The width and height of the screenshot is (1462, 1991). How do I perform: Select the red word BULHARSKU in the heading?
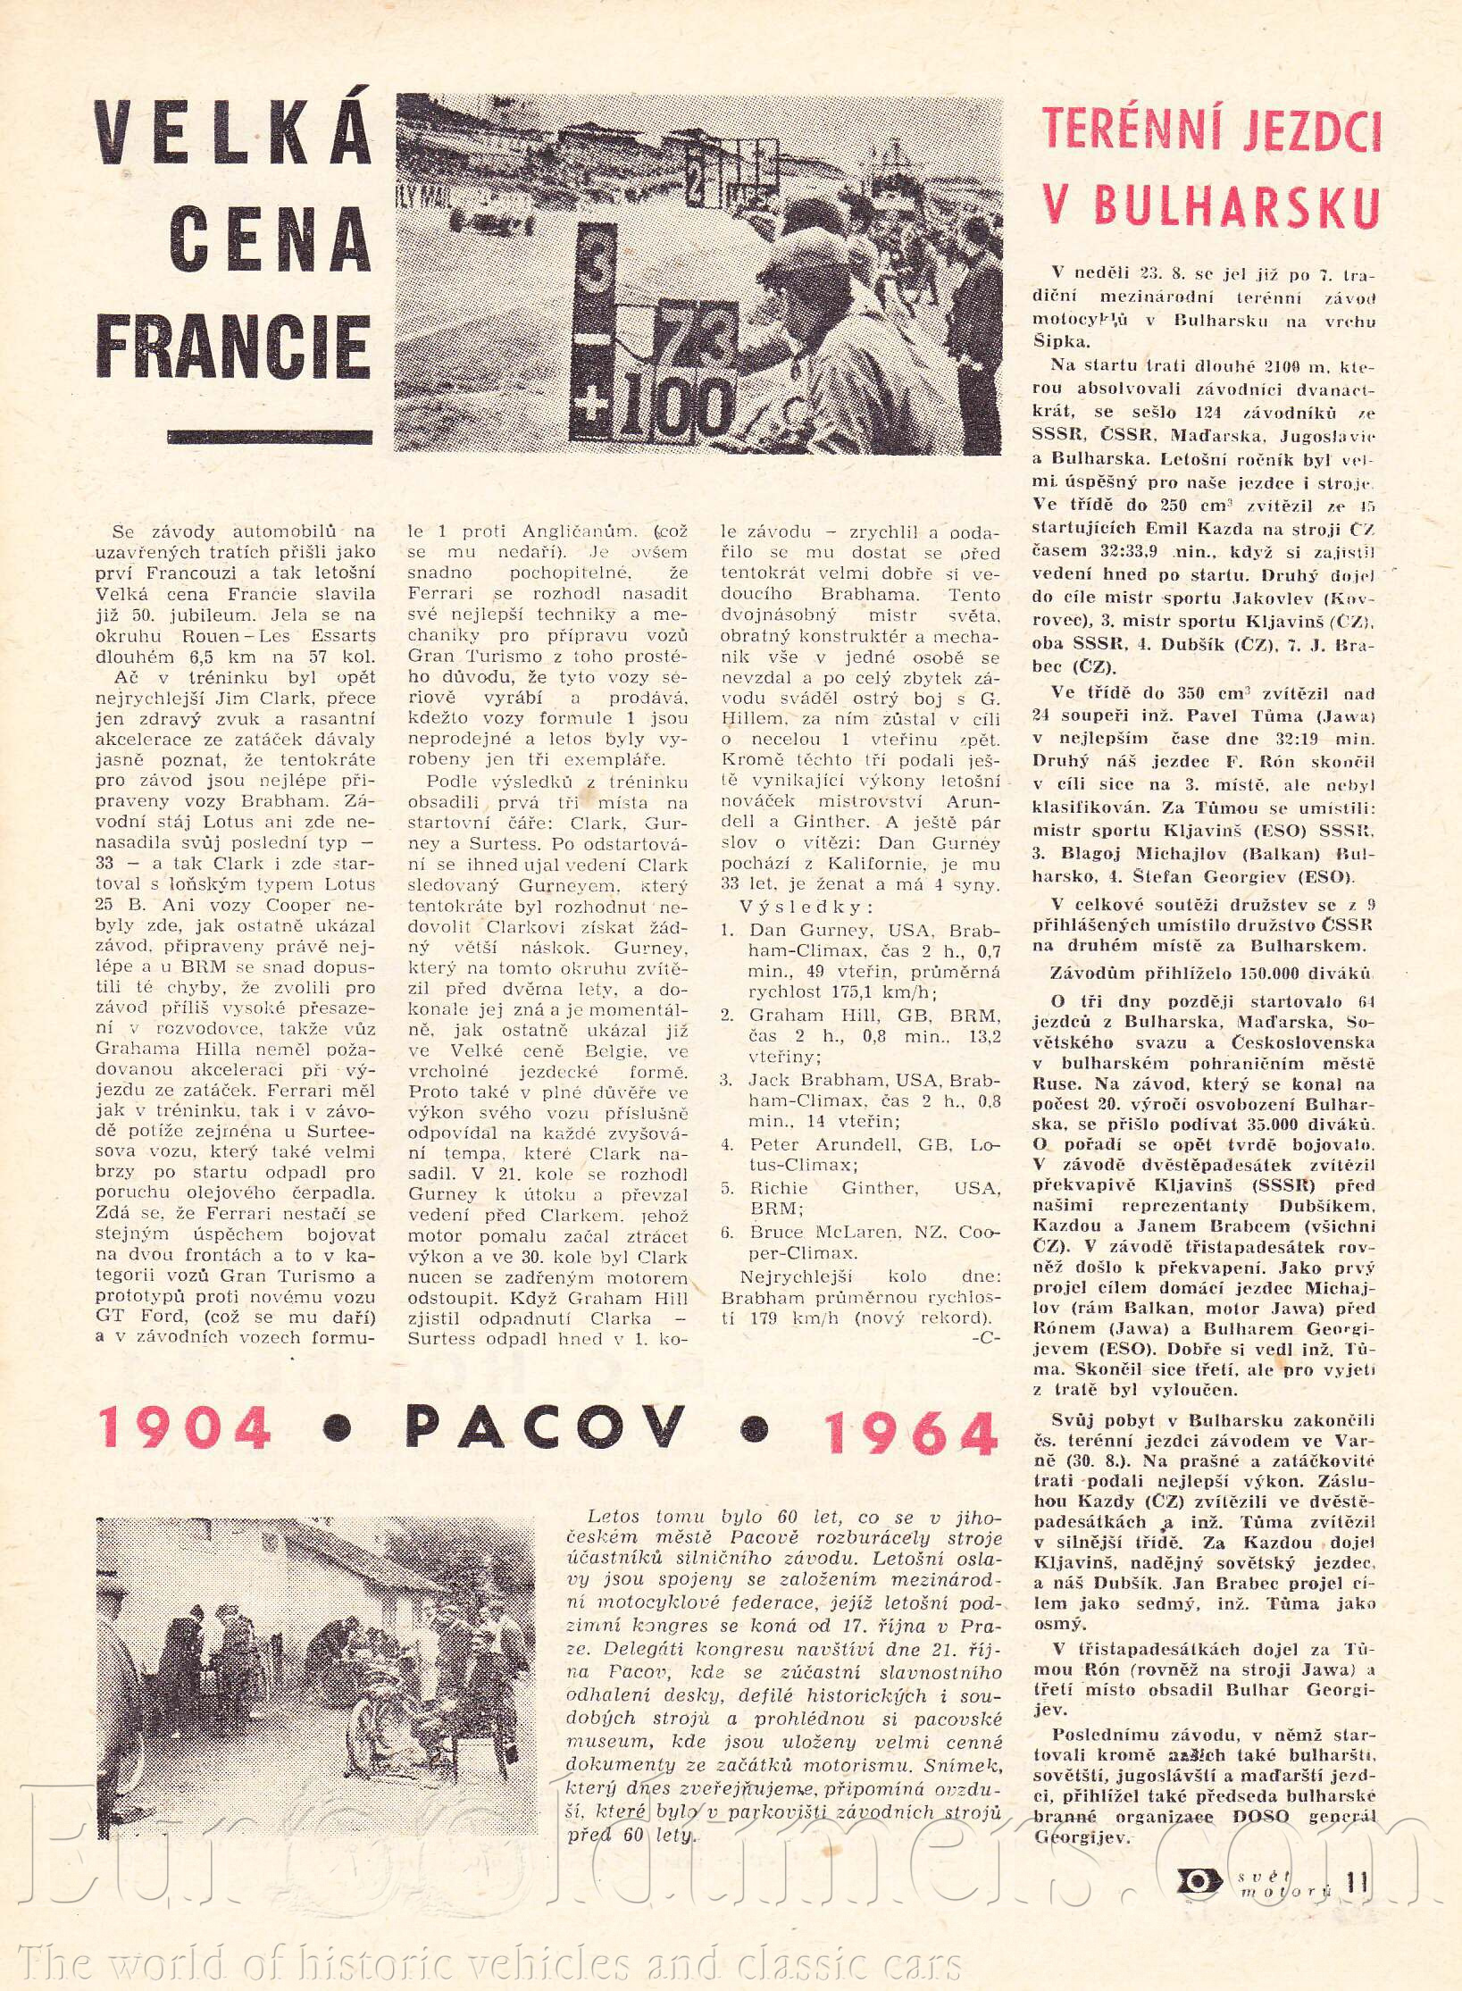[x=1210, y=206]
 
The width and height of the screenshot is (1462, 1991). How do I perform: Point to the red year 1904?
[x=186, y=1426]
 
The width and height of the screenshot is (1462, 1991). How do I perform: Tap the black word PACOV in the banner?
[x=545, y=1426]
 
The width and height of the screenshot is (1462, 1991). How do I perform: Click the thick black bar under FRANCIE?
[x=270, y=437]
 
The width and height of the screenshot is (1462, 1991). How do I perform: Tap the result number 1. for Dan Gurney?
[x=727, y=929]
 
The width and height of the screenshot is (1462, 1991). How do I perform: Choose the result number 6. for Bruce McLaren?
[x=728, y=1233]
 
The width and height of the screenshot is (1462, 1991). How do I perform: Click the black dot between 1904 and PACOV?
[x=338, y=1430]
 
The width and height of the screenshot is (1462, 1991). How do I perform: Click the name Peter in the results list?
[x=773, y=1144]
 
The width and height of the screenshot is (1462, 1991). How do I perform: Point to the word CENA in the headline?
[x=269, y=240]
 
